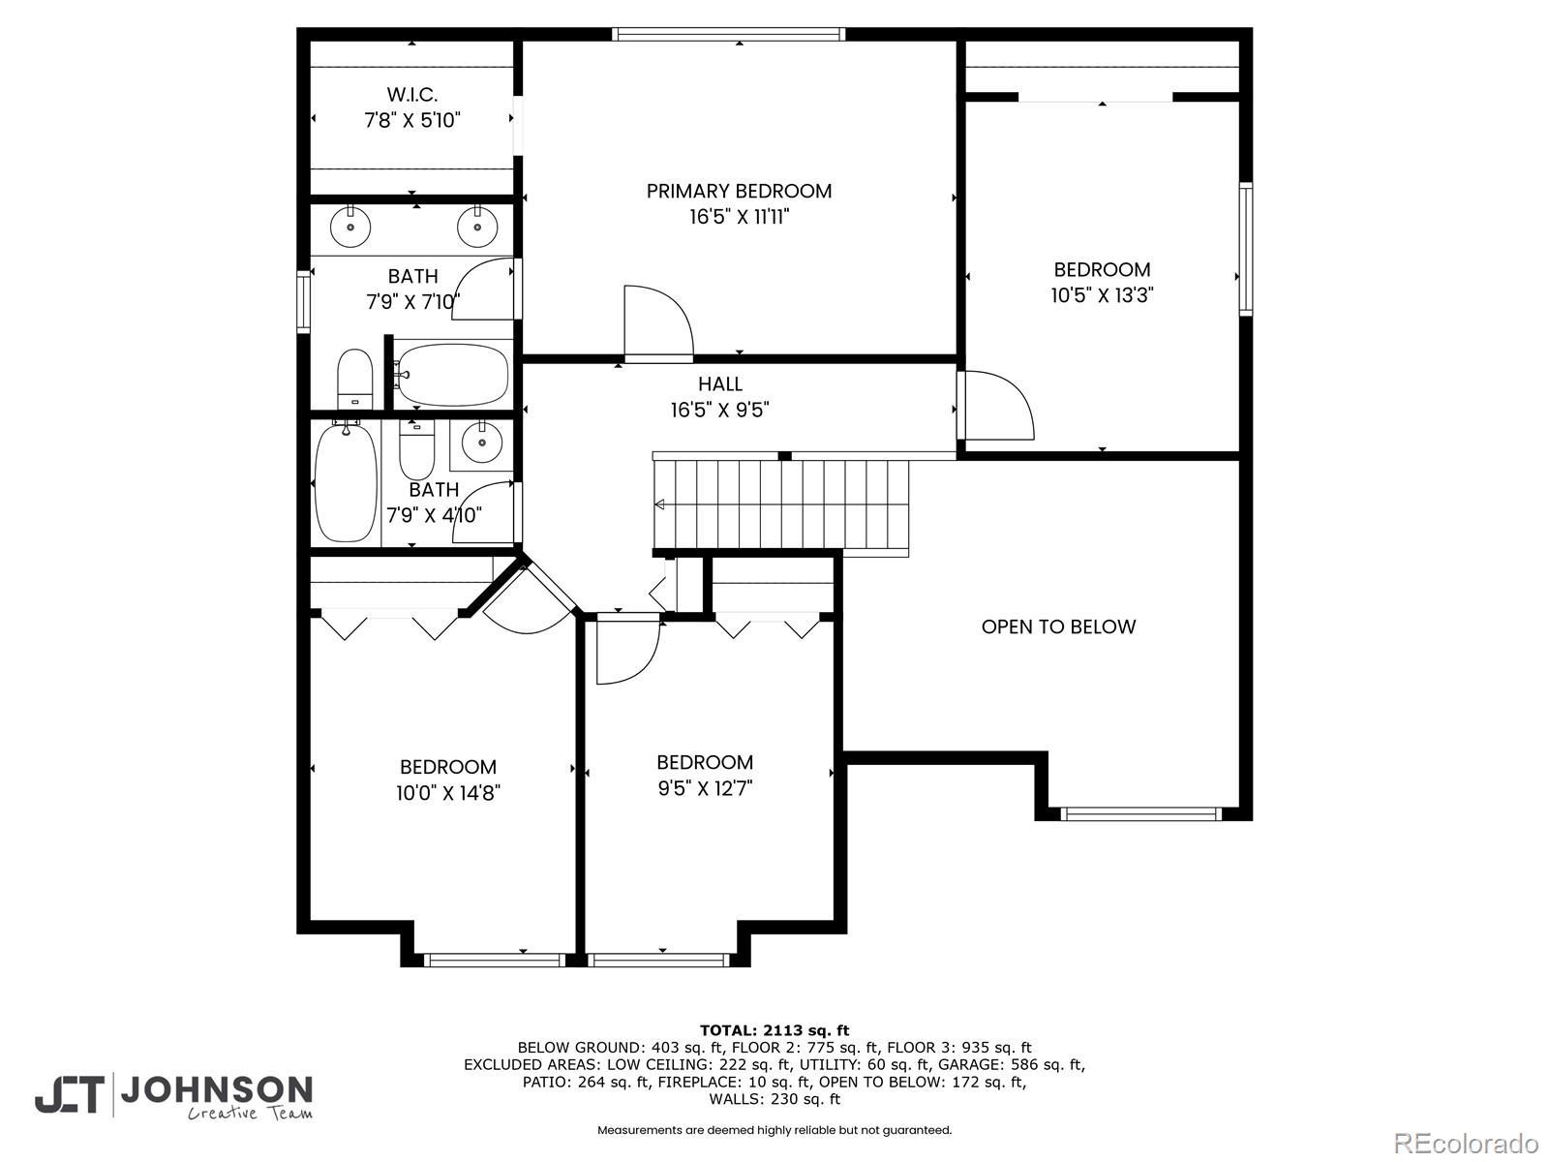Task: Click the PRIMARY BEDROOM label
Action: pyautogui.click(x=739, y=191)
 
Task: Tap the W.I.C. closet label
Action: pyautogui.click(x=412, y=95)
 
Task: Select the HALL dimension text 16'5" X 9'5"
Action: pyautogui.click(x=720, y=410)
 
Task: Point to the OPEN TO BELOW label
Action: pyautogui.click(x=1058, y=627)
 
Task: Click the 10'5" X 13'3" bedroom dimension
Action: pyautogui.click(x=1103, y=295)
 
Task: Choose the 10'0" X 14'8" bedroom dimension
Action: pyautogui.click(x=448, y=793)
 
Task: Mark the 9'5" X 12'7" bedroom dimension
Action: pyautogui.click(x=705, y=788)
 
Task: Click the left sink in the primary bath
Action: pyautogui.click(x=350, y=227)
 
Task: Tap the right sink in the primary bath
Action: pyautogui.click(x=477, y=227)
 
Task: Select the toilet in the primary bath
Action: pyautogui.click(x=355, y=379)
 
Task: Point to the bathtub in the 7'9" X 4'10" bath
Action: pyautogui.click(x=346, y=481)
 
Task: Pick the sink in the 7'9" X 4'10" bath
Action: pyautogui.click(x=482, y=443)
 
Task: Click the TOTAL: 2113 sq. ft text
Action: pyautogui.click(x=774, y=1030)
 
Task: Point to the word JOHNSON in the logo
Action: pyautogui.click(x=217, y=1090)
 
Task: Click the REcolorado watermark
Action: pyautogui.click(x=1467, y=1144)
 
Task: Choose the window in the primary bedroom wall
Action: pyautogui.click(x=728, y=34)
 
